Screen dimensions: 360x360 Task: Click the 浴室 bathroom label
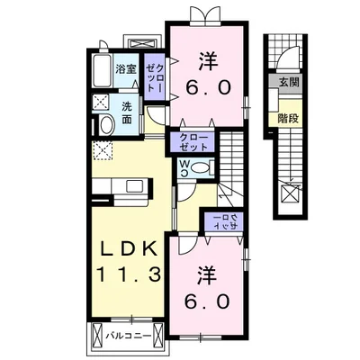click(x=126, y=69)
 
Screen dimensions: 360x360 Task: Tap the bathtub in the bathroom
click(x=103, y=71)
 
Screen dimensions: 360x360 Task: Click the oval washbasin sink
click(x=107, y=125)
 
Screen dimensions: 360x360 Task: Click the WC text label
click(x=184, y=168)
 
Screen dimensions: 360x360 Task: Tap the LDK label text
click(x=129, y=248)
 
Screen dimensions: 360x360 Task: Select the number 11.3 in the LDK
click(x=129, y=274)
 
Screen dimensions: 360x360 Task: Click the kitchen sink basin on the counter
click(x=134, y=187)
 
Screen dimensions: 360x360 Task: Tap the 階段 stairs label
click(x=288, y=119)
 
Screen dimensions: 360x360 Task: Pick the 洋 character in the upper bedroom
click(x=208, y=61)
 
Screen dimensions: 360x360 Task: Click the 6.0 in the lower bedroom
click(x=208, y=301)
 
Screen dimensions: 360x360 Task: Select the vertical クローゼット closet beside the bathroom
click(x=155, y=76)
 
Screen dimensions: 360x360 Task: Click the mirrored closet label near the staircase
click(x=225, y=222)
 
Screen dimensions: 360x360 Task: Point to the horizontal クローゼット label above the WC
click(x=193, y=142)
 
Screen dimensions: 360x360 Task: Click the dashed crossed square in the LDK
click(x=103, y=150)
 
